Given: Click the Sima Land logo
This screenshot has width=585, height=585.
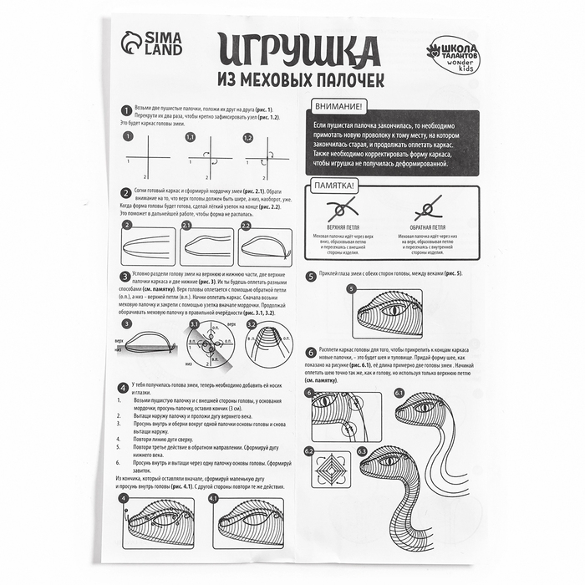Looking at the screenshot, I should point(150,43).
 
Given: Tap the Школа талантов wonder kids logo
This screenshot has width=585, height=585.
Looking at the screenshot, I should point(452,55).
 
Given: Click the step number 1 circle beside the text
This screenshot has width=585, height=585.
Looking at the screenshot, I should point(125,110).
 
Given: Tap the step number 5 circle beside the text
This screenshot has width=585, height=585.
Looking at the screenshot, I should point(311,274).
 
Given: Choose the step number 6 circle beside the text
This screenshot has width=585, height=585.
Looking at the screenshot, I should point(311,353).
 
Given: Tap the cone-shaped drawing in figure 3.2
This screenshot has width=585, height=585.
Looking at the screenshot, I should point(268,343).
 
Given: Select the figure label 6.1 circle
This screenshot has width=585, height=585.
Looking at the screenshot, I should point(399,392).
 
